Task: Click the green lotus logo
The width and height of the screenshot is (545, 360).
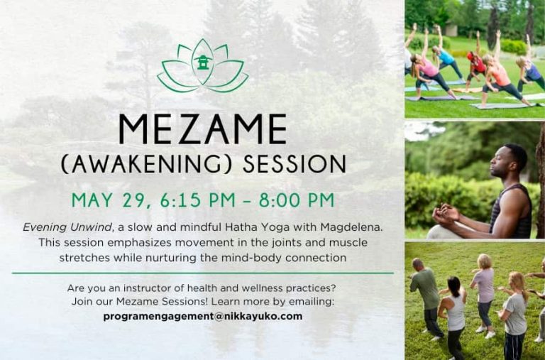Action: (203, 66)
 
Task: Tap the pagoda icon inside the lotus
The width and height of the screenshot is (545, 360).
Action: (203, 62)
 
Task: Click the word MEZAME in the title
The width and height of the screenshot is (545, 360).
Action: (203, 129)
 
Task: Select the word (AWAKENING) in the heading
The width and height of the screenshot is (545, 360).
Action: (146, 164)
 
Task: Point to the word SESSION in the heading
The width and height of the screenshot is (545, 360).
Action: (294, 164)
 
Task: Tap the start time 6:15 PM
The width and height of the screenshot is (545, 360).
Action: (198, 200)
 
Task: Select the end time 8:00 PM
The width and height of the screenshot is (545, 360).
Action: (297, 200)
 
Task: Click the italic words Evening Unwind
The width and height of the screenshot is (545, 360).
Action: (67, 228)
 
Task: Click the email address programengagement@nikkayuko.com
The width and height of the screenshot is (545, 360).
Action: (203, 317)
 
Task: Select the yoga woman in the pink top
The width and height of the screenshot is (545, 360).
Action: (431, 70)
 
